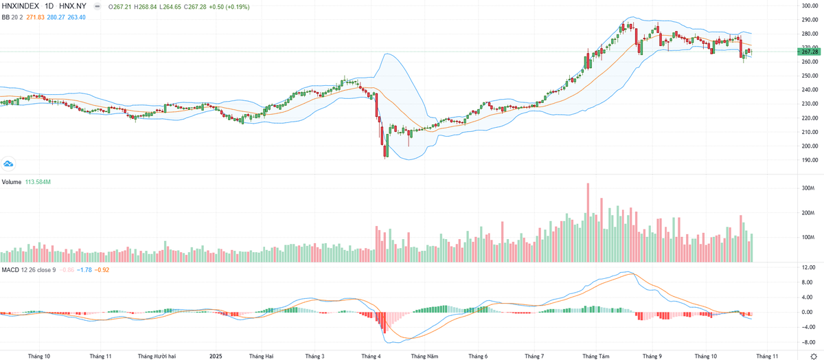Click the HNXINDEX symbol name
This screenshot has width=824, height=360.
point(23,5)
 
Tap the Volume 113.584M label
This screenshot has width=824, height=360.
point(27,182)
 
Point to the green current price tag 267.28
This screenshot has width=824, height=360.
point(809,52)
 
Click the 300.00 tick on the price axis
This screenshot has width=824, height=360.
point(808,6)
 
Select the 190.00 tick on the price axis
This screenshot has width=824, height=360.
point(808,160)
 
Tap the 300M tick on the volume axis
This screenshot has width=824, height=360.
point(808,188)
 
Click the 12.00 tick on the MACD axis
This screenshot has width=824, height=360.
point(808,267)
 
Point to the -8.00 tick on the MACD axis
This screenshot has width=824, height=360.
point(808,341)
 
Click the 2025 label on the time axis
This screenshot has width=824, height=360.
point(216,357)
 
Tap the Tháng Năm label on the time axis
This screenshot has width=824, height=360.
point(424,357)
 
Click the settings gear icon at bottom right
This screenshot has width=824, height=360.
point(814,357)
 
